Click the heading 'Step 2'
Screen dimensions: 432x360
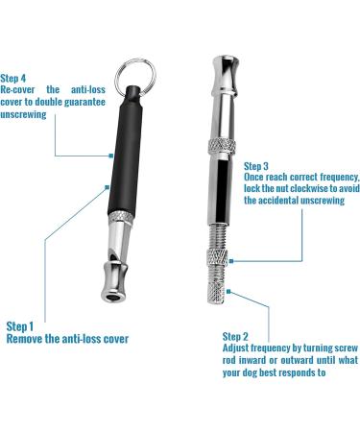[235, 336]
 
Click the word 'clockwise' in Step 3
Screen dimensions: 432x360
[310, 188]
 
